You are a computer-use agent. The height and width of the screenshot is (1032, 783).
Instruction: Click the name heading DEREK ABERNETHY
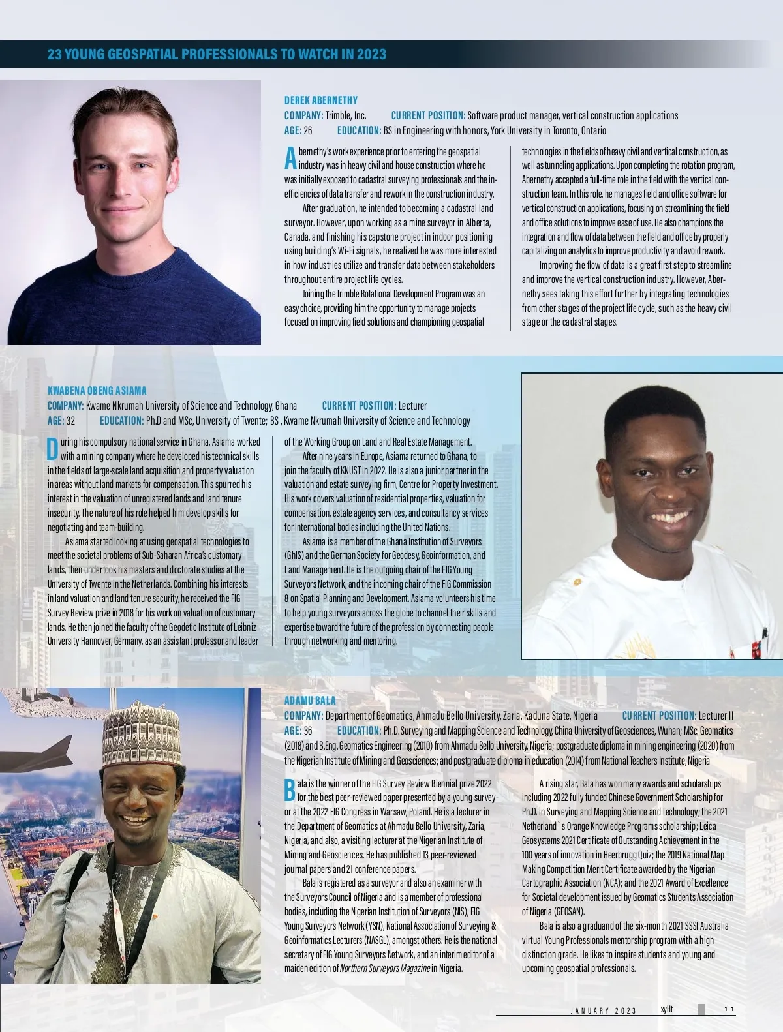[x=320, y=100]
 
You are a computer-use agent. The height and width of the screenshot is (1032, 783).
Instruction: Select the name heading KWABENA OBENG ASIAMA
[x=97, y=391]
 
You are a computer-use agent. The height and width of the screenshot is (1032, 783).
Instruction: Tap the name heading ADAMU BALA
[x=310, y=701]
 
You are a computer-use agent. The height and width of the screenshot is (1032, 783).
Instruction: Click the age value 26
[x=308, y=130]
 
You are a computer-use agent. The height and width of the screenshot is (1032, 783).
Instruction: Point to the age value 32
[x=70, y=421]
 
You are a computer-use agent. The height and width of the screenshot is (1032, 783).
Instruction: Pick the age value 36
[x=308, y=731]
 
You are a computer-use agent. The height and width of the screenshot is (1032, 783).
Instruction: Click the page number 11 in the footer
[x=729, y=1010]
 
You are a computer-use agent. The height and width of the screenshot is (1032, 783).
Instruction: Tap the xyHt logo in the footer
[x=666, y=1009]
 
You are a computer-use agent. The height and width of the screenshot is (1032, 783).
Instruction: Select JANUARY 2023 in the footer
[x=603, y=1010]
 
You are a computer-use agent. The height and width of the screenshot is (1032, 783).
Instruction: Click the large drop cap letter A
[x=290, y=157]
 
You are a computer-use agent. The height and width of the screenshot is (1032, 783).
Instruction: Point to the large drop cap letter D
[x=53, y=448]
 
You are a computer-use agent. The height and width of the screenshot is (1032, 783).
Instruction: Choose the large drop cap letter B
[x=290, y=789]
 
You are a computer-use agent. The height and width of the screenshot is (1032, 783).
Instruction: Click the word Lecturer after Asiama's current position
[x=412, y=406]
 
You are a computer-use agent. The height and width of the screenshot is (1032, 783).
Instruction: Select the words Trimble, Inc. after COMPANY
[x=346, y=115]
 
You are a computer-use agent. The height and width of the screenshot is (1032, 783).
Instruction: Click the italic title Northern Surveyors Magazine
[x=384, y=968]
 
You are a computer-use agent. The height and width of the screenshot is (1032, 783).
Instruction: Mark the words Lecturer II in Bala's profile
[x=716, y=716]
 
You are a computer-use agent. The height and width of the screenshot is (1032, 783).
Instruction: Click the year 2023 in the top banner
[x=371, y=54]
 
